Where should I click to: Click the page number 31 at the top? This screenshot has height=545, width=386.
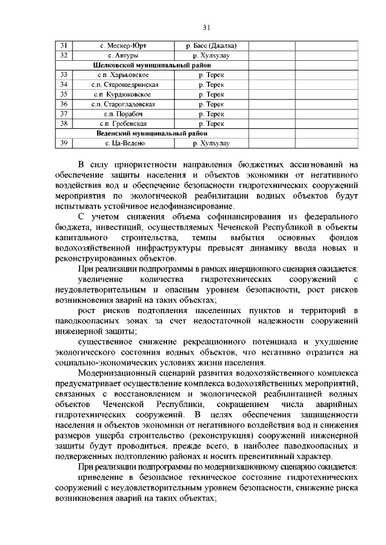point(206,28)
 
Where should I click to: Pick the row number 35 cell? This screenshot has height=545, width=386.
point(64,95)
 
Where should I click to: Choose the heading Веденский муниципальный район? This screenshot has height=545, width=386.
point(151,133)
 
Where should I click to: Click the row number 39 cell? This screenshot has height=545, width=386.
point(64,143)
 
